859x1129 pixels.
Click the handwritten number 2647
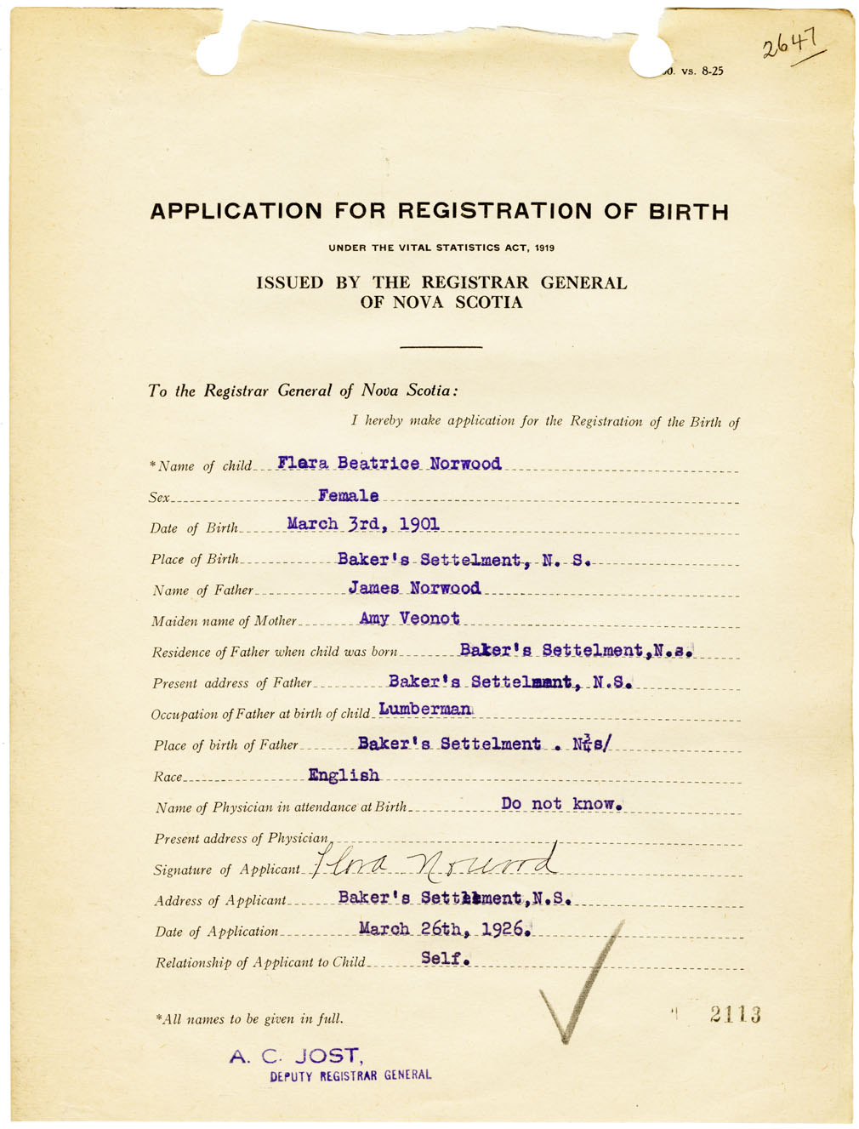click(790, 43)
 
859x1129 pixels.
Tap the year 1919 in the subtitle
click(544, 248)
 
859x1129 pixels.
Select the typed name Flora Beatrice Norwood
click(389, 464)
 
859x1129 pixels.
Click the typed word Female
click(348, 495)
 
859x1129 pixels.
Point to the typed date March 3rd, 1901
click(363, 524)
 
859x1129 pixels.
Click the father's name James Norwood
click(414, 588)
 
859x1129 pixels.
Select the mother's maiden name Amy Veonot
click(409, 619)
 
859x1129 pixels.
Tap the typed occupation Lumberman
click(424, 709)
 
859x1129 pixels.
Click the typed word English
click(344, 775)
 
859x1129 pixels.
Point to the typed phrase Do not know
click(562, 804)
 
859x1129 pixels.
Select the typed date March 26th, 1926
click(445, 928)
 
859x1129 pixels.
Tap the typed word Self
click(445, 959)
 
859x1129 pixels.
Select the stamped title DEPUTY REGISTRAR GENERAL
click(350, 1075)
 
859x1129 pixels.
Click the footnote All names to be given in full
click(249, 1018)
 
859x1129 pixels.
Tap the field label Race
click(168, 777)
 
